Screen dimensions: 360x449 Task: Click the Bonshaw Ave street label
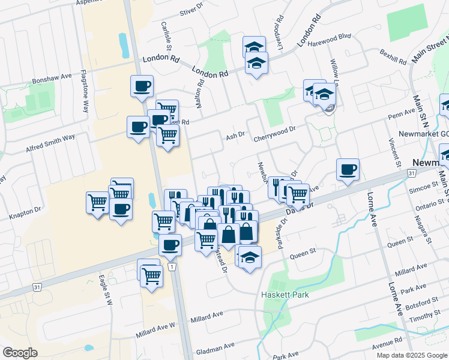point(52,78)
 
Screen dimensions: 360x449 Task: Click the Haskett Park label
point(285,295)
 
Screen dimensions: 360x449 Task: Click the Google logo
point(20,353)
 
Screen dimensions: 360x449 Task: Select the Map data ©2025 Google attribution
point(411,355)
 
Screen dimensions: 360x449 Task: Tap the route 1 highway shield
point(172,266)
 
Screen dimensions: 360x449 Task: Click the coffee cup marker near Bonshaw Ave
point(142,86)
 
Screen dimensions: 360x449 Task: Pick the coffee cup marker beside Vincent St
point(348,170)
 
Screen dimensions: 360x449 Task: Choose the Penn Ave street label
point(402,112)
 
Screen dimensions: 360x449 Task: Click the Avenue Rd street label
point(386,343)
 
